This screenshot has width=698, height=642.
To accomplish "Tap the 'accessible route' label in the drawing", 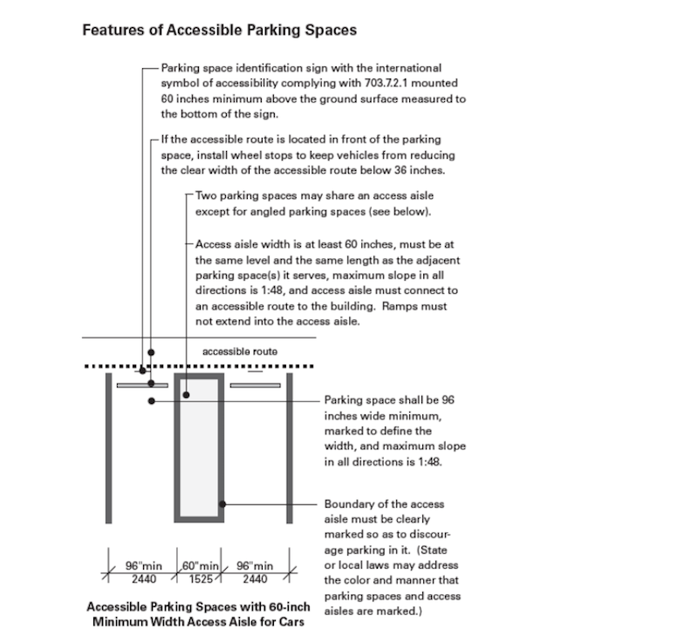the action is pyautogui.click(x=240, y=352).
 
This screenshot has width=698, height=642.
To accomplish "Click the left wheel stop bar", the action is pyautogui.click(x=142, y=386).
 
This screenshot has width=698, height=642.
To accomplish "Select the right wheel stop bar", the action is pyautogui.click(x=255, y=386).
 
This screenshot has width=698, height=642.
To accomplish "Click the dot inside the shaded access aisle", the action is pyautogui.click(x=187, y=394).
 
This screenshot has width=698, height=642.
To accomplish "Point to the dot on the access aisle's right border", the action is pyautogui.click(x=222, y=504).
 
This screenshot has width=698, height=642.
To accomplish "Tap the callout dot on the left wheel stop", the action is pyautogui.click(x=151, y=383).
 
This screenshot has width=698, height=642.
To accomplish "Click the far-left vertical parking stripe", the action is pyautogui.click(x=108, y=448).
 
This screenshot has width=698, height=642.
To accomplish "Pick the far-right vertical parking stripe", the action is pyautogui.click(x=290, y=448).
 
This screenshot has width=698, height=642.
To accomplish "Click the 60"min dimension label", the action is pyautogui.click(x=201, y=566).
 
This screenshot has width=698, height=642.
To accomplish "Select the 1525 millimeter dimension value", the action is pyautogui.click(x=201, y=579).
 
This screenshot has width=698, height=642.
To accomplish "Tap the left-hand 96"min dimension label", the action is pyautogui.click(x=144, y=566).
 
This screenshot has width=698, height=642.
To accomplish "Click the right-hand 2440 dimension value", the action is pyautogui.click(x=255, y=579).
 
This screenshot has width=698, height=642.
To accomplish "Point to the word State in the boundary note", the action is pyautogui.click(x=433, y=550).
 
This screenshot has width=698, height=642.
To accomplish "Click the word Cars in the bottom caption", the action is pyautogui.click(x=291, y=622).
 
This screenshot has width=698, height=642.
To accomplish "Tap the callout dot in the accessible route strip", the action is pyautogui.click(x=151, y=352).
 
